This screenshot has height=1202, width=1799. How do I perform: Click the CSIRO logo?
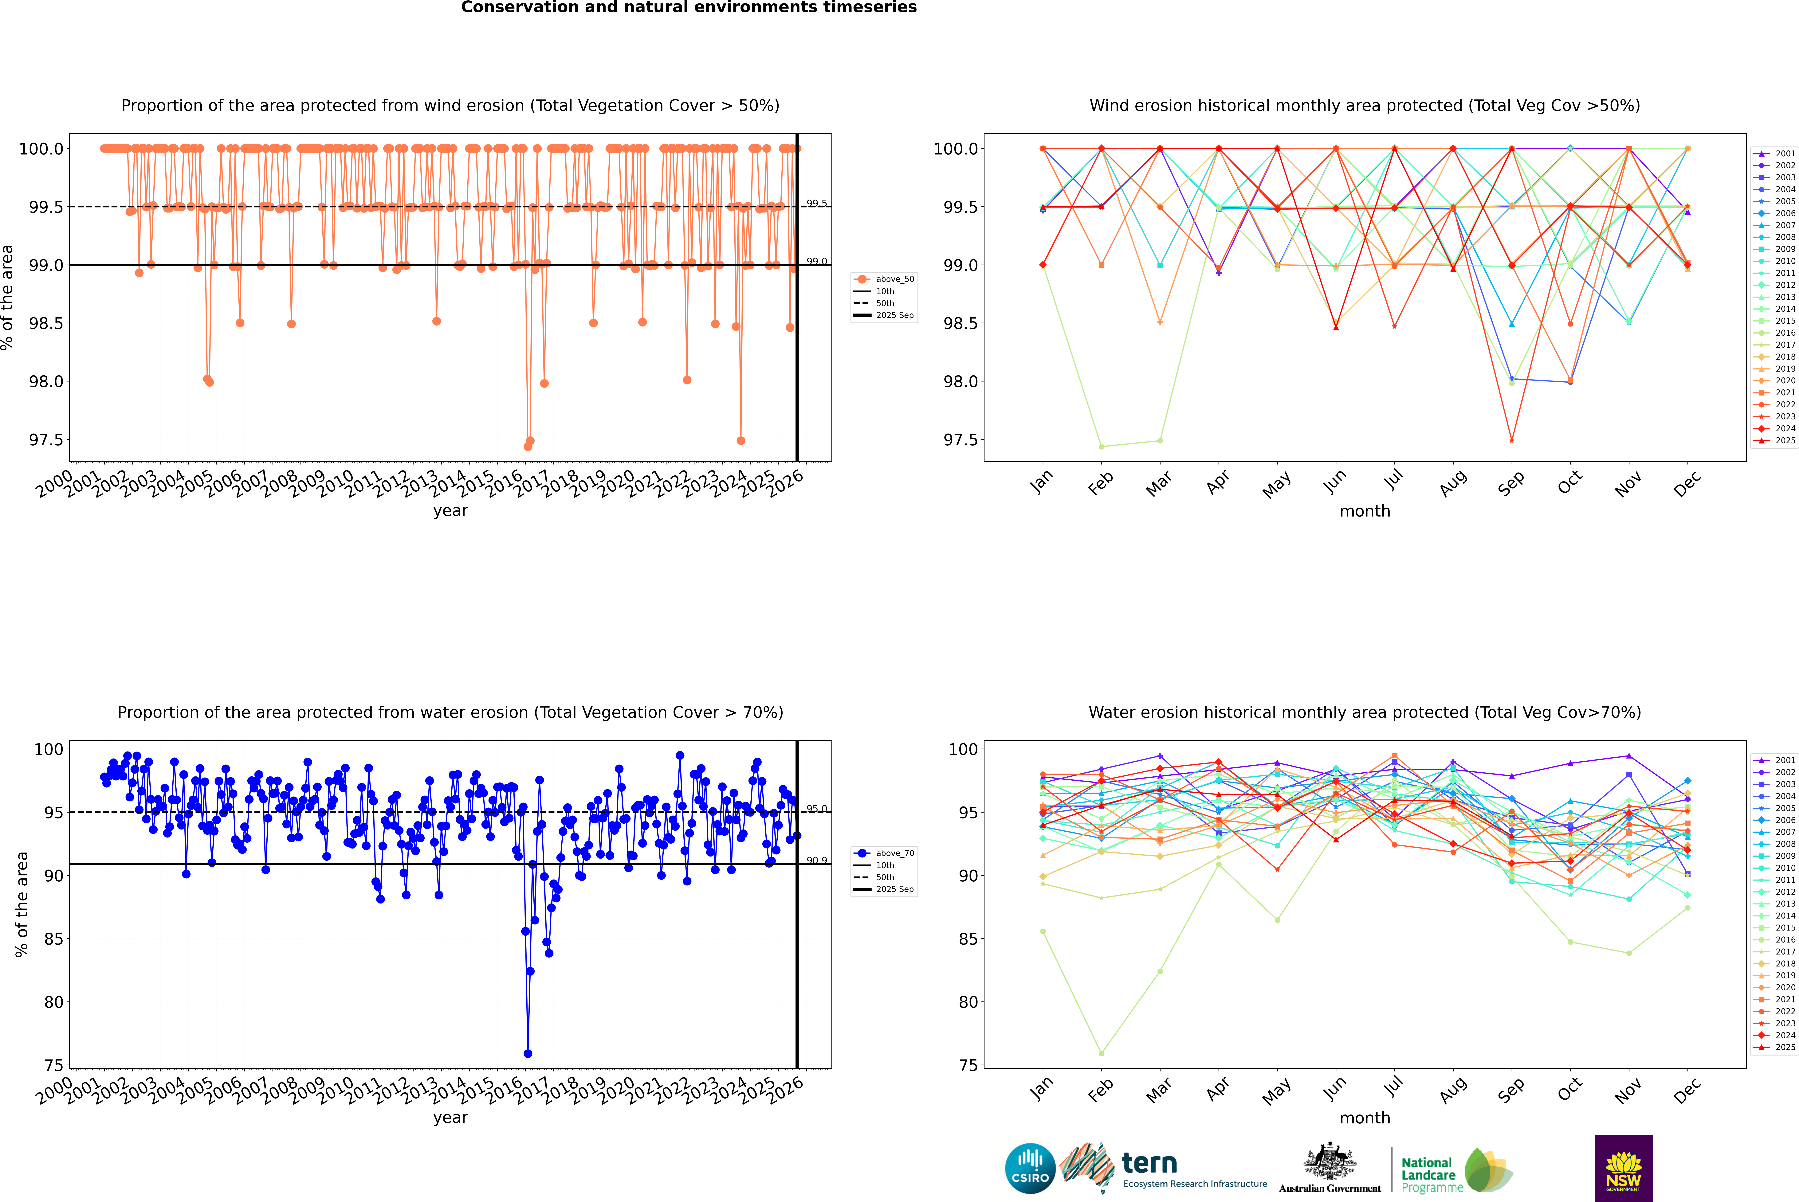pyautogui.click(x=1030, y=1168)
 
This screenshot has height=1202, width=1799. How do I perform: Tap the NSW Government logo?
pyautogui.click(x=1623, y=1168)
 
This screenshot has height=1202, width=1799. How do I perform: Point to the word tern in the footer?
pyautogui.click(x=1149, y=1163)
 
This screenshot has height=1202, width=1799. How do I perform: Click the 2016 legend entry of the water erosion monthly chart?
pyautogui.click(x=1784, y=939)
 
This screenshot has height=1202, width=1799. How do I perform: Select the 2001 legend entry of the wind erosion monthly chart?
pyautogui.click(x=1784, y=153)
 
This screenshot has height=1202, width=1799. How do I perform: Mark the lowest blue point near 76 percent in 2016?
pyautogui.click(x=528, y=1053)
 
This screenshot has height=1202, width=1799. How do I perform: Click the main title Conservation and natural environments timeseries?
pyautogui.click(x=689, y=8)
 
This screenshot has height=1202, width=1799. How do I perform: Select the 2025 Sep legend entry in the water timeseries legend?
pyautogui.click(x=894, y=889)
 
